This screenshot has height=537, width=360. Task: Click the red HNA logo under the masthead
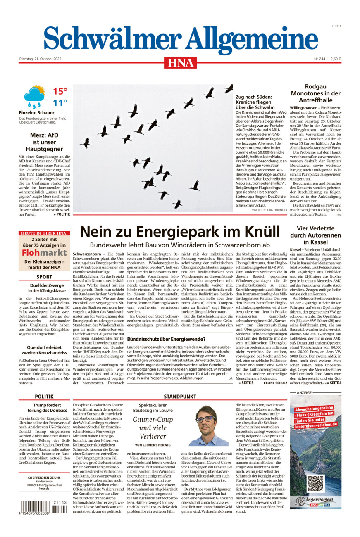(x=180, y=63)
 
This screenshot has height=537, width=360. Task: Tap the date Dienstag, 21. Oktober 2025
(x=40, y=59)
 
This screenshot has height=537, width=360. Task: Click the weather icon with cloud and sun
(x=34, y=96)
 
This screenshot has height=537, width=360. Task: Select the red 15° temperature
(x=60, y=91)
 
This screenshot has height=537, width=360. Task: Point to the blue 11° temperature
(x=60, y=103)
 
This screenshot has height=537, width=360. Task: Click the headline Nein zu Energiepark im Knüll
(x=180, y=232)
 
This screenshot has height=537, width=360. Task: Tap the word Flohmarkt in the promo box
(x=44, y=252)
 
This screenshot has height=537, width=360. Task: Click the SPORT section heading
(x=44, y=277)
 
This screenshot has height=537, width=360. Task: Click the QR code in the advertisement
(x=316, y=483)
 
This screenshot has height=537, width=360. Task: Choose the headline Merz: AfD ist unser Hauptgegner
(x=44, y=142)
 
